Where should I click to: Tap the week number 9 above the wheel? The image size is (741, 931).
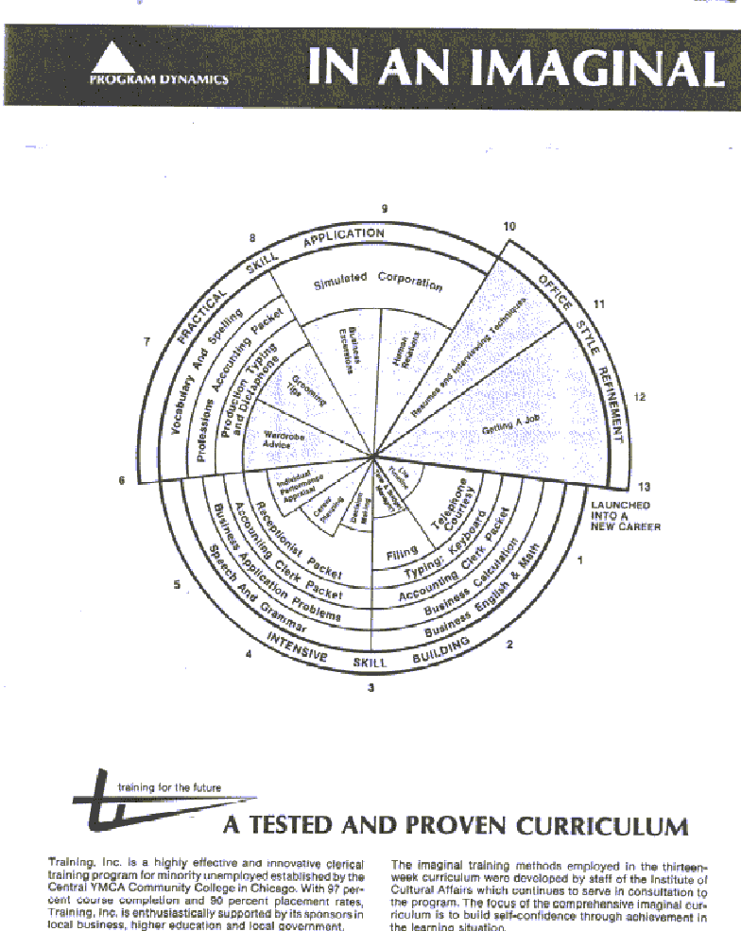(x=385, y=208)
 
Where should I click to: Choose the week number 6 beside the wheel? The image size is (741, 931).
(x=121, y=480)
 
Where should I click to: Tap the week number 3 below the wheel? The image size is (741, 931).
(x=370, y=688)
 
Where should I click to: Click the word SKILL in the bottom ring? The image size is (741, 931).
(x=370, y=663)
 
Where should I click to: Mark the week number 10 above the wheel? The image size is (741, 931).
(x=509, y=227)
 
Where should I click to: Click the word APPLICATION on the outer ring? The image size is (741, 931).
(x=343, y=237)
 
